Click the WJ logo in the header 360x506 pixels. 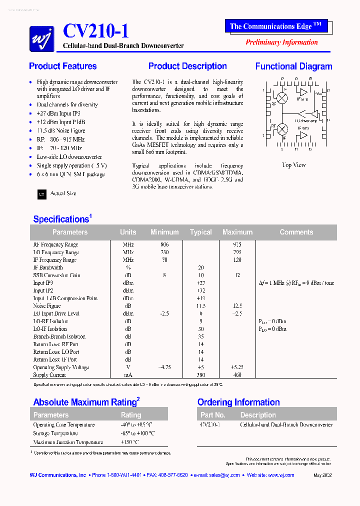point(41,38)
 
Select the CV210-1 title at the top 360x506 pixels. point(95,32)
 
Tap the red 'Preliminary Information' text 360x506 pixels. point(281,42)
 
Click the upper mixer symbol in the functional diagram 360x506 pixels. point(282,98)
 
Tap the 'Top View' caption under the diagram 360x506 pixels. point(293,165)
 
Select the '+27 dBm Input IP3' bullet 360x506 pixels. point(58,113)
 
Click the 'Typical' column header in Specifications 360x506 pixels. point(200,232)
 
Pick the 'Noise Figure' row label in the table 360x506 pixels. point(47,306)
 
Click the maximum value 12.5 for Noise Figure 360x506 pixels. point(237,306)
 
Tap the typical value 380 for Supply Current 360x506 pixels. point(200,375)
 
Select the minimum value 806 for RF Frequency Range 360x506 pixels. point(164,244)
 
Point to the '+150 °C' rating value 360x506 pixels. point(129,442)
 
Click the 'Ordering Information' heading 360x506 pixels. point(238,402)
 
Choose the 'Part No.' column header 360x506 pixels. point(213,415)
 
